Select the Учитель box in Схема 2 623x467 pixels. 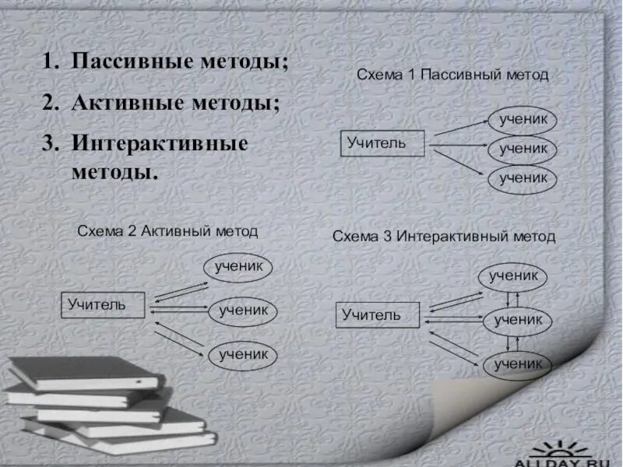coord(104,304)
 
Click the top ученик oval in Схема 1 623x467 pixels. coord(523,120)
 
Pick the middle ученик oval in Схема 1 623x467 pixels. coord(523,148)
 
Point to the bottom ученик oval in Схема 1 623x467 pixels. coord(523,178)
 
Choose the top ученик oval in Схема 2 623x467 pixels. coord(239,267)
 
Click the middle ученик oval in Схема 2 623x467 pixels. coord(243,310)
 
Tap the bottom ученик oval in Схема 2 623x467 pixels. coord(243,353)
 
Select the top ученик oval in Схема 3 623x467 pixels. coord(513,276)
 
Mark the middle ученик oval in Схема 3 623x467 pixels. coord(518,319)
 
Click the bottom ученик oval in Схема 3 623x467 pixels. coord(517,363)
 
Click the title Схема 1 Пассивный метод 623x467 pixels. coord(452,75)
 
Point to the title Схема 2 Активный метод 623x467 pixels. coord(167,231)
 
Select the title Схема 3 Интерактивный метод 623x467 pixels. coord(444,236)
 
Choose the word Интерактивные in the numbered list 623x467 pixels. coord(160,144)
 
